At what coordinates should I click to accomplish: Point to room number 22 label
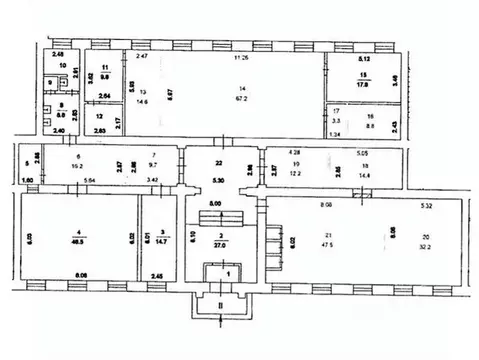(220, 163)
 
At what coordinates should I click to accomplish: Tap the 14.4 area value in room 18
(364, 173)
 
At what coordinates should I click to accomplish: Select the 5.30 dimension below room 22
(219, 180)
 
